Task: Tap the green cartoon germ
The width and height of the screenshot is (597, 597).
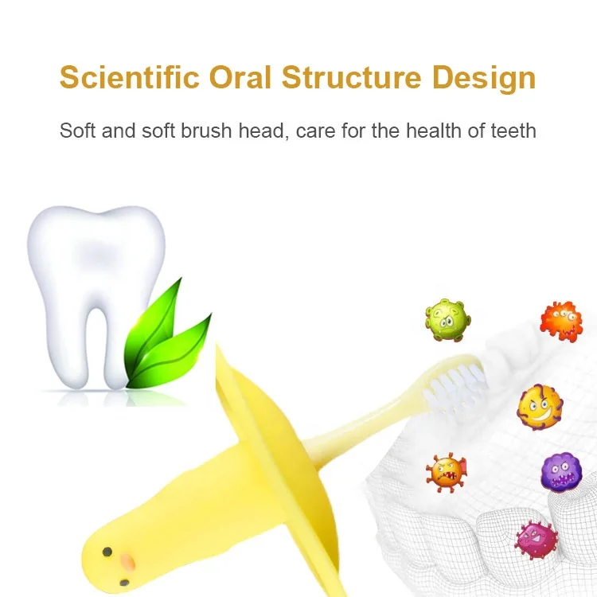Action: [447, 320]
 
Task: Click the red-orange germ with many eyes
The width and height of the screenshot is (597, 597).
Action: [560, 320]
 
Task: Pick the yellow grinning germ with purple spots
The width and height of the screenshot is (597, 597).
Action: [540, 407]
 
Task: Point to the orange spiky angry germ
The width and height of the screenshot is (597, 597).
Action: [446, 471]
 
